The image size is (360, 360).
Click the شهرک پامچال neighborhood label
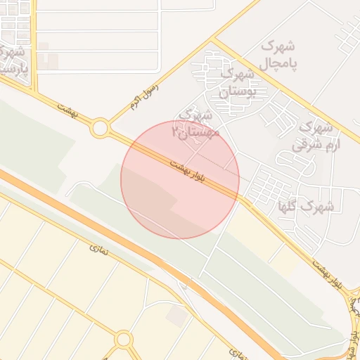[x=278, y=55]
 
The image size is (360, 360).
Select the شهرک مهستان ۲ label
[x=199, y=122]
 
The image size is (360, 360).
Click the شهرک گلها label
[x=305, y=207]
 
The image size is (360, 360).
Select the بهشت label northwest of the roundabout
[x=66, y=109]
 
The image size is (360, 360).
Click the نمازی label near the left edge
[x=96, y=247]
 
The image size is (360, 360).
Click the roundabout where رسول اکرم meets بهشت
[x=100, y=129]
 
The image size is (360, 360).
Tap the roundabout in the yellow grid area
[x=124, y=340]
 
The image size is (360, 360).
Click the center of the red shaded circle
[x=180, y=179]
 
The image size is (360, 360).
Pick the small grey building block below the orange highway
[x=176, y=316]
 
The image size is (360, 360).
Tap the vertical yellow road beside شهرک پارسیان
[x=33, y=42]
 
